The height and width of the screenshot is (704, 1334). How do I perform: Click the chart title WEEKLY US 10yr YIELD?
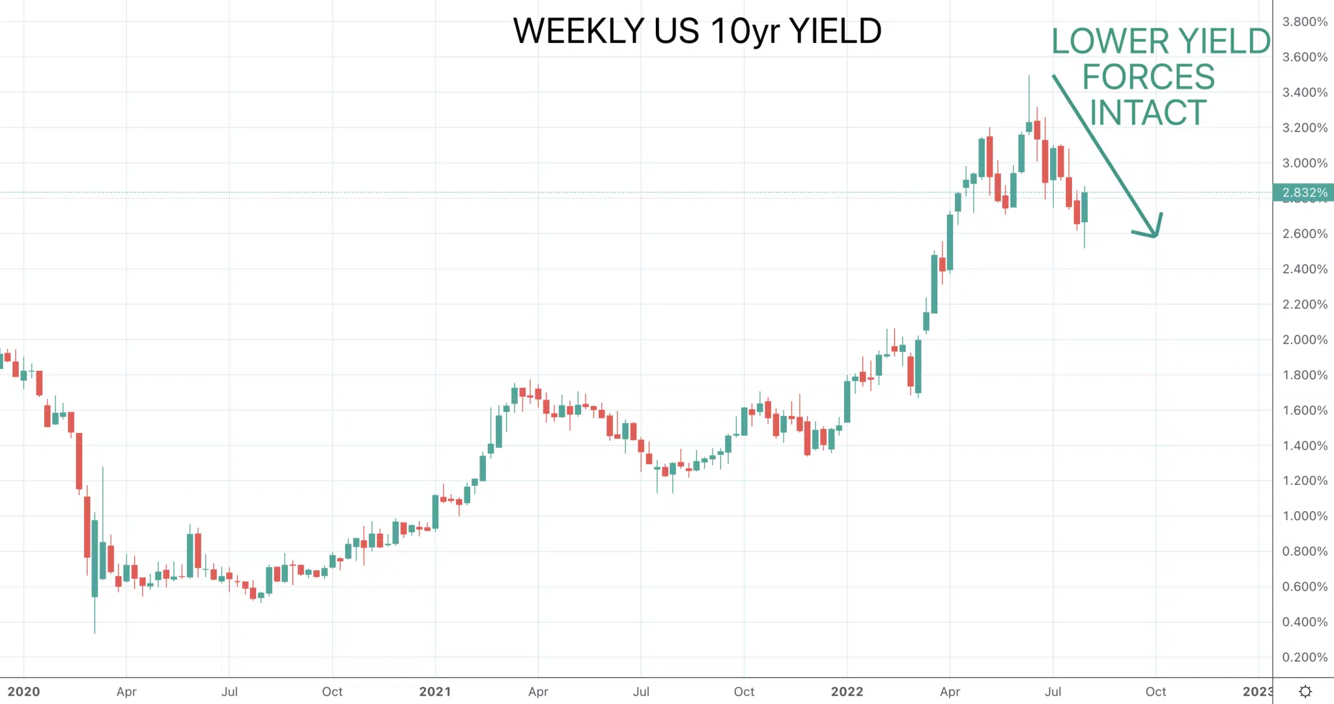[x=697, y=31]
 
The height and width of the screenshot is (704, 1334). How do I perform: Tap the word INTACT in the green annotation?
[x=1148, y=113]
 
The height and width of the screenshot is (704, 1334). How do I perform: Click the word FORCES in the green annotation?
[x=1148, y=77]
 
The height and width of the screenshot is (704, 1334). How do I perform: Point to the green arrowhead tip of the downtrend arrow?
[x=1156, y=237]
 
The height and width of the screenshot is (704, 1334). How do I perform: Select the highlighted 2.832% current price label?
[x=1303, y=192]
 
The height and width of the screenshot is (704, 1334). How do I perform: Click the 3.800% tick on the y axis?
[x=1305, y=22]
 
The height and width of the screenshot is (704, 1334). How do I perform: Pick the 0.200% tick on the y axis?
[x=1305, y=657]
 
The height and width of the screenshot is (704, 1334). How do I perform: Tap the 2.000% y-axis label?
[x=1305, y=340]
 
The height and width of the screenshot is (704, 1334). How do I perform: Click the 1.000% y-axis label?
[x=1305, y=516]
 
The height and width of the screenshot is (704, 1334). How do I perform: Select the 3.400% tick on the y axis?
[x=1305, y=92]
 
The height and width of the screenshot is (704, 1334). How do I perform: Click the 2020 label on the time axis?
[x=23, y=692]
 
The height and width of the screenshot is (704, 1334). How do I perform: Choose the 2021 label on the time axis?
[x=435, y=692]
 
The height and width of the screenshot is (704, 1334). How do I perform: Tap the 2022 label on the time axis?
[x=847, y=692]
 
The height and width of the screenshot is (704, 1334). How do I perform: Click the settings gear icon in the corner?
[x=1305, y=692]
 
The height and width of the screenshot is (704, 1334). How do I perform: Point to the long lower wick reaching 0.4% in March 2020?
[x=94, y=615]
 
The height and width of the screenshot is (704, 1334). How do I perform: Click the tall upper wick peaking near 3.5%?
[x=1029, y=98]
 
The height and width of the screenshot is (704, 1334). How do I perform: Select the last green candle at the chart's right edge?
[x=1085, y=207]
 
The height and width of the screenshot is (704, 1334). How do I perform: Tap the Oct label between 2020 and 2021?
[x=332, y=692]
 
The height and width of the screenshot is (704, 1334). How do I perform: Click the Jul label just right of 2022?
[x=1053, y=692]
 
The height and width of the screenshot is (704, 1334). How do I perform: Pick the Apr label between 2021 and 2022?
[x=538, y=692]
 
